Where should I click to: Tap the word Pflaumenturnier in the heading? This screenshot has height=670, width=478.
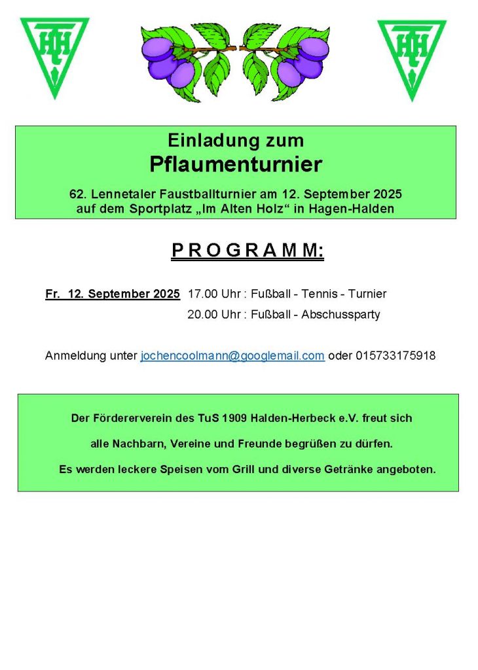point(236,164)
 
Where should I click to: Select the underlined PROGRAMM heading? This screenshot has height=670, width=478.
point(248,251)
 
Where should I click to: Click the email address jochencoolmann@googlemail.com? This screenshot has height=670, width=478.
point(232,356)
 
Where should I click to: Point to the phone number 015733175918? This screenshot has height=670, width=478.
point(395,356)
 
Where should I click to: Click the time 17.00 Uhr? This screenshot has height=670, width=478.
point(213,294)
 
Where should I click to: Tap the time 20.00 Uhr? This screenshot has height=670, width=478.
point(213,315)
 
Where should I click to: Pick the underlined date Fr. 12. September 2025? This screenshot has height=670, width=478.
point(113,294)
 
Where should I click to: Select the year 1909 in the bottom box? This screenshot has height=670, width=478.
point(234,418)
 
